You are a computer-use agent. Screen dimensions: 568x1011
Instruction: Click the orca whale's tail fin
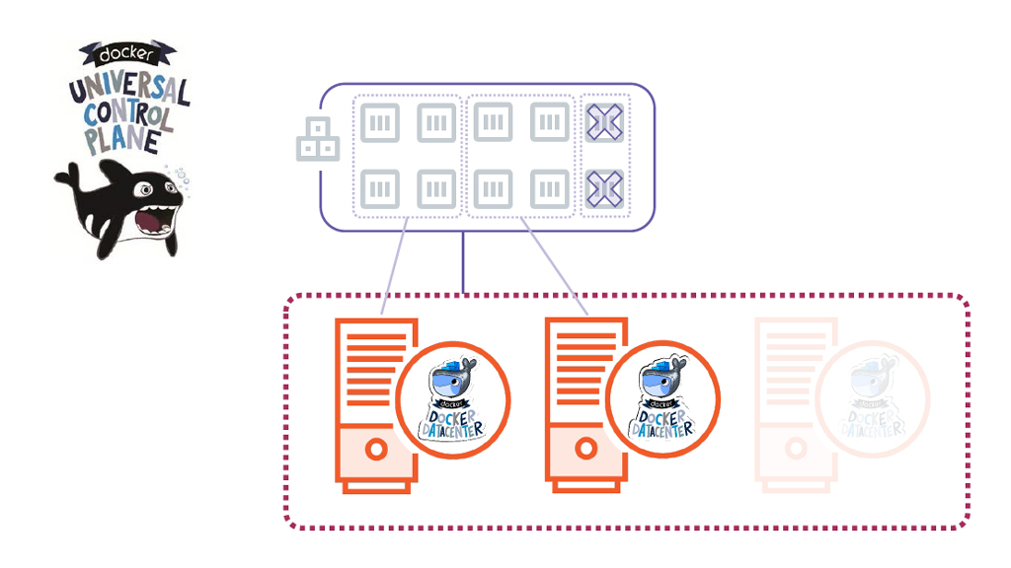pyautogui.click(x=66, y=178)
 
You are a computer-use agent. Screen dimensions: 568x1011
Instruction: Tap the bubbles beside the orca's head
pyautogui.click(x=180, y=176)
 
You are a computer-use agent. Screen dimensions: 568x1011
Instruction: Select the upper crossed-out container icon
pyautogui.click(x=603, y=122)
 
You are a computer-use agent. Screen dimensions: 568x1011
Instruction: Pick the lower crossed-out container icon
pyautogui.click(x=603, y=186)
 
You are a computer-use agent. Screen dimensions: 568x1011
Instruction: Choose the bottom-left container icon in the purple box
pyautogui.click(x=379, y=186)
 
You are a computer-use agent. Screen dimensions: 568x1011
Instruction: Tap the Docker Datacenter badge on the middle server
pyautogui.click(x=662, y=399)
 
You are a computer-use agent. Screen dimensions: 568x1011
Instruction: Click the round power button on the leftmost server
pyautogui.click(x=375, y=450)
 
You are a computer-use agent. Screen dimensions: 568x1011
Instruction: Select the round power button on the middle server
pyautogui.click(x=585, y=450)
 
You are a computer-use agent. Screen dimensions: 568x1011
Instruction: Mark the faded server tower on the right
pyautogui.click(x=790, y=404)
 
